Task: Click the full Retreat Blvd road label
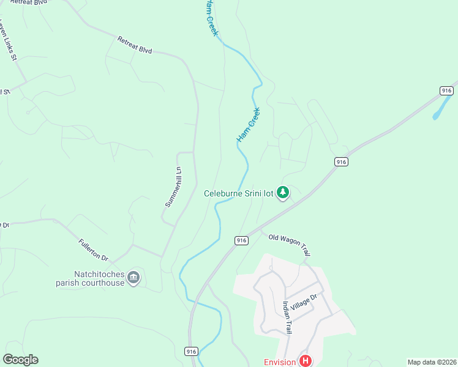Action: coord(134,45)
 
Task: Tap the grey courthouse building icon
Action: coord(133,279)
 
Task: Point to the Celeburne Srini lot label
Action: coord(238,194)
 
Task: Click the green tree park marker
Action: coord(283,193)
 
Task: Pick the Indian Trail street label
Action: coord(286,317)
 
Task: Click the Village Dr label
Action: coord(304,304)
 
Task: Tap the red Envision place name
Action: coord(280,361)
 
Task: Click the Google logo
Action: coord(20,360)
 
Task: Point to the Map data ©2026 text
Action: coord(431,362)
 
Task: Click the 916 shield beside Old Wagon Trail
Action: coord(241,240)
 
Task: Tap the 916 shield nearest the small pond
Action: coord(446,91)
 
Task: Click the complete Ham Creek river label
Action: coord(248,125)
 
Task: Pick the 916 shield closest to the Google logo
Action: coord(191,351)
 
